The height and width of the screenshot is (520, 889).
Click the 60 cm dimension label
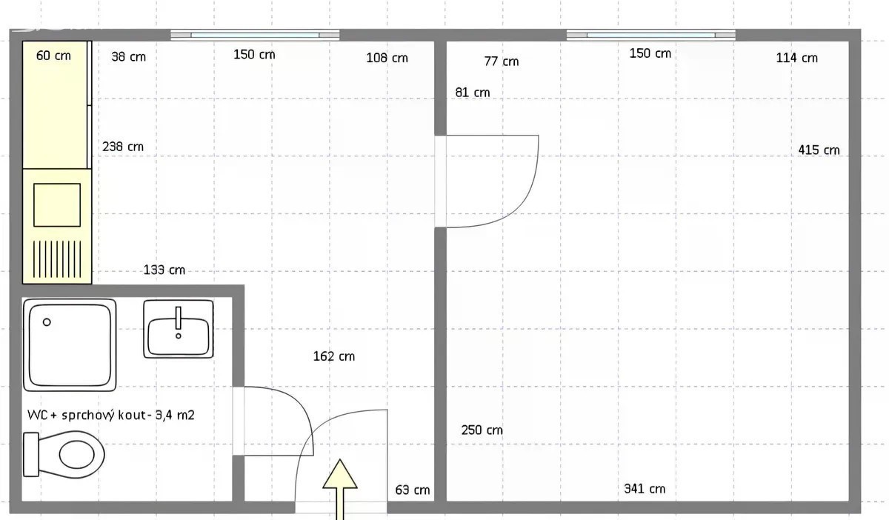tap(53, 56)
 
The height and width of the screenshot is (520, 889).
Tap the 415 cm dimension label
tap(819, 150)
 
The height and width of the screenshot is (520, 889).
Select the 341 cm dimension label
tap(645, 489)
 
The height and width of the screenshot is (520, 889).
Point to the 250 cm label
tap(482, 430)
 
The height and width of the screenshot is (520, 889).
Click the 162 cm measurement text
tap(334, 356)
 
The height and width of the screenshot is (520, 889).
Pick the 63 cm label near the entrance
tap(413, 490)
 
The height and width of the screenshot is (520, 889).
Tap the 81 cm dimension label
tap(473, 93)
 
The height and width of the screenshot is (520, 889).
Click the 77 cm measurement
tap(502, 61)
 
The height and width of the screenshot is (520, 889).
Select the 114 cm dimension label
tap(796, 58)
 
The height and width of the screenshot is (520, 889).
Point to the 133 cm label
tap(164, 270)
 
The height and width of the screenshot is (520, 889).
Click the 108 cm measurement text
tap(387, 58)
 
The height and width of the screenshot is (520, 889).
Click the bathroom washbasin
tap(179, 329)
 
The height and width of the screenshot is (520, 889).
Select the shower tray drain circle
tap(47, 322)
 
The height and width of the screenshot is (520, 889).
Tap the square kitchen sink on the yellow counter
tap(57, 205)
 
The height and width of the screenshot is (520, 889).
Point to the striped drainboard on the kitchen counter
tap(57, 259)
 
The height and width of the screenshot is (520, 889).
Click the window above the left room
tap(255, 36)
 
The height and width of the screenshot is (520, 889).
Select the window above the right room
tap(651, 36)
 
